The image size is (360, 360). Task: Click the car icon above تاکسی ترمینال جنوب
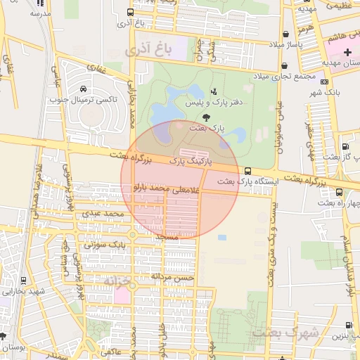point(84,89)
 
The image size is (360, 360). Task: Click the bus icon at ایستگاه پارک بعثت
point(247,171)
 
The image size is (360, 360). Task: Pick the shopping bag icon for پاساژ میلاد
point(285,34)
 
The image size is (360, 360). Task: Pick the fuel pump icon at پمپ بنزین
point(349,325)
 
